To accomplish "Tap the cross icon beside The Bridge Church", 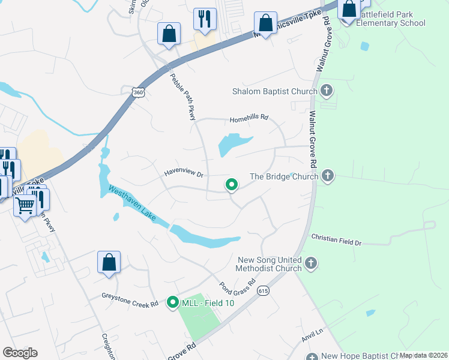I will coord(327,176).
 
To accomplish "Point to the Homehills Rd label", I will coord(249,119).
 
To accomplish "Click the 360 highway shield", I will coord(139,92).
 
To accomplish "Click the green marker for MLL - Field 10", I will coord(173,304).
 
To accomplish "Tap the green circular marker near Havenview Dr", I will coord(231,185).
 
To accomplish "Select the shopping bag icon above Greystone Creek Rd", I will coord(109,262).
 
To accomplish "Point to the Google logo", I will coord(20,353).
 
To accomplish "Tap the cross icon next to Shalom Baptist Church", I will coord(327,91).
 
